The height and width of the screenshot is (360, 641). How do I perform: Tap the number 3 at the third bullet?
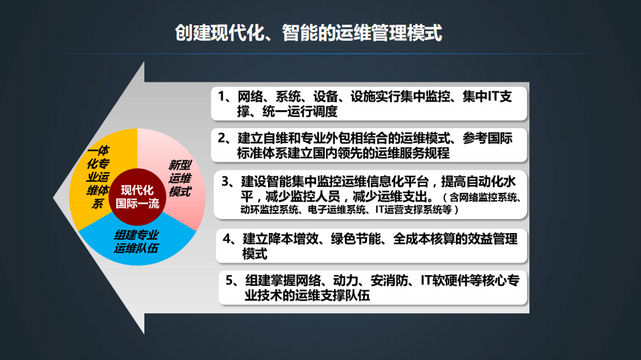coord(226,182)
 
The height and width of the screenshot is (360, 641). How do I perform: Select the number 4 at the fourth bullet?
coord(227,239)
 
